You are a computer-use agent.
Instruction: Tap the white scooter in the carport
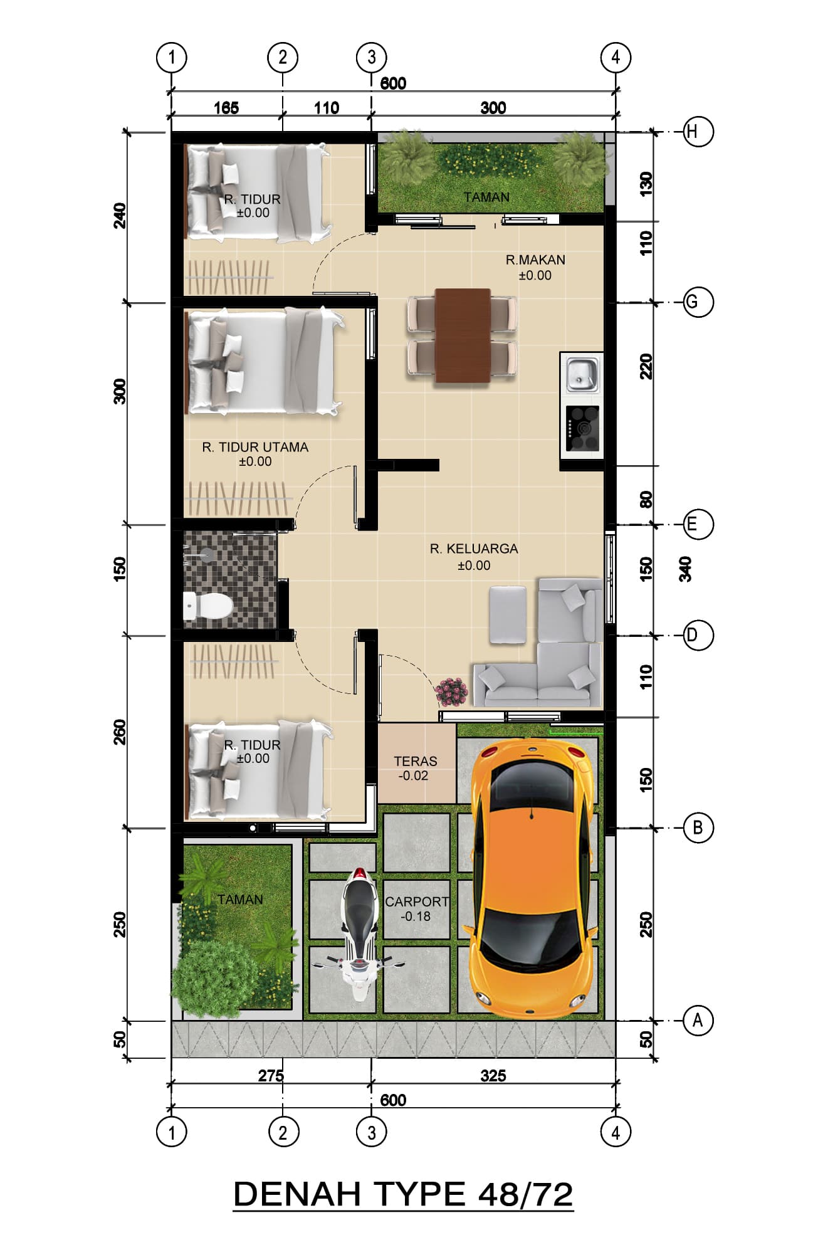point(358,934)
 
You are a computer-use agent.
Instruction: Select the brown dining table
point(463,335)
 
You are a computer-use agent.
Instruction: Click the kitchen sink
point(582,374)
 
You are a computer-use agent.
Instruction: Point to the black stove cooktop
point(582,429)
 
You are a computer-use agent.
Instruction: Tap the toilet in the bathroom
point(207,606)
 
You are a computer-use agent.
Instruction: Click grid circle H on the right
point(698,132)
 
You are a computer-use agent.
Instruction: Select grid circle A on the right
point(698,1021)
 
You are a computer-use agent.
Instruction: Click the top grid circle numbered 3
point(372,58)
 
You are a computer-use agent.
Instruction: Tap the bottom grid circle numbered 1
point(171,1133)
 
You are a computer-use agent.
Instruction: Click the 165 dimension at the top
point(226,108)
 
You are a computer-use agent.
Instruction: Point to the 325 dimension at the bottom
point(493,1076)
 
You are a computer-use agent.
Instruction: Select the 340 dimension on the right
point(686,569)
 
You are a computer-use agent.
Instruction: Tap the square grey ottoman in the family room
point(508,614)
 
